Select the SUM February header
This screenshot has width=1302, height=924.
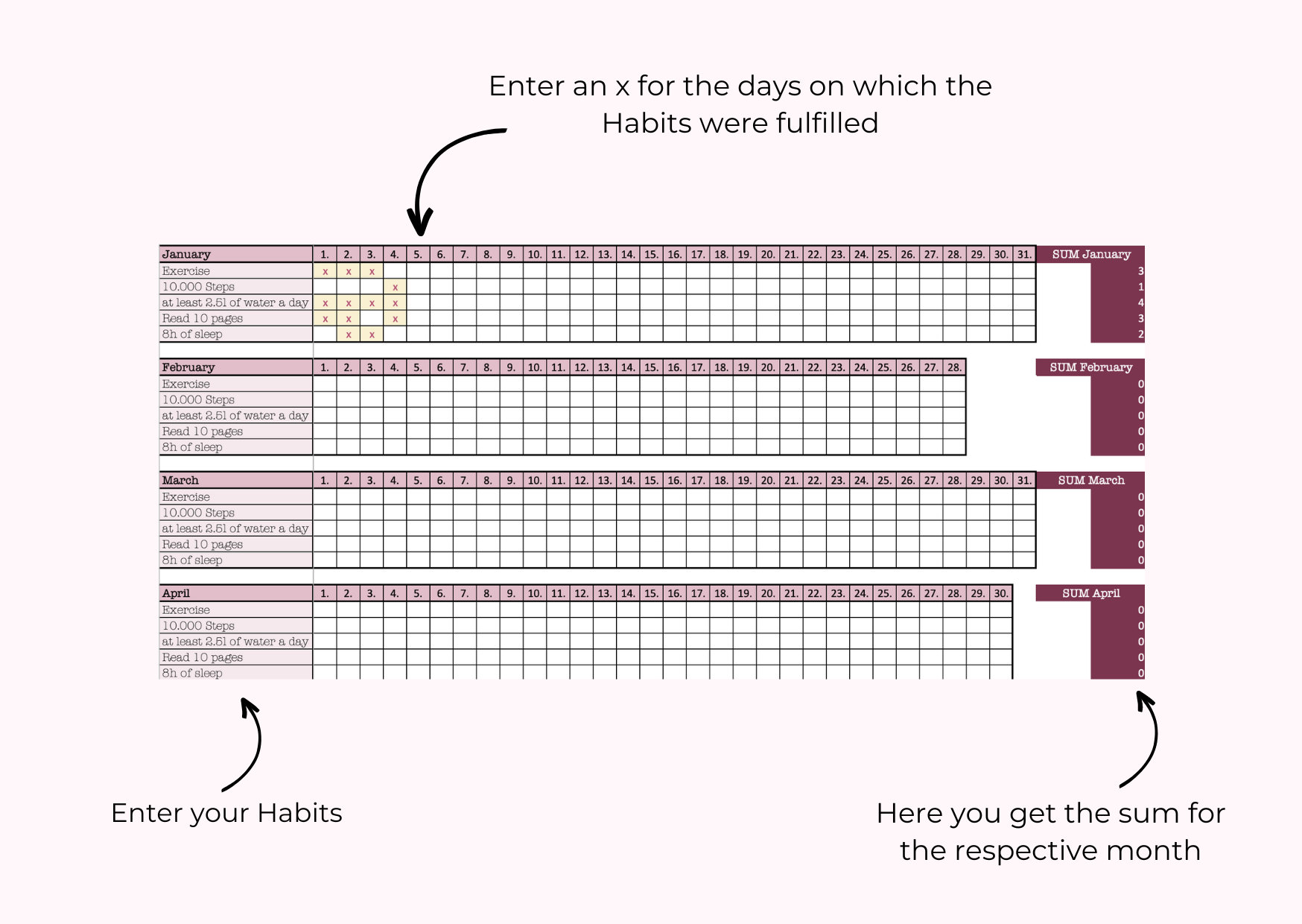point(1090,367)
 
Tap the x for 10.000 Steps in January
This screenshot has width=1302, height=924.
point(395,287)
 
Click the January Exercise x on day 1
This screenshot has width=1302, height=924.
point(325,271)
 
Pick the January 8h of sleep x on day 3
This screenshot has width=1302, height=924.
point(372,335)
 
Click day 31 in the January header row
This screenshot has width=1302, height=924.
point(1024,254)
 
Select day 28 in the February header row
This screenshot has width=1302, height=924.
point(954,367)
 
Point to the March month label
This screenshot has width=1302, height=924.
point(180,481)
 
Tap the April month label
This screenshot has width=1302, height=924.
point(177,593)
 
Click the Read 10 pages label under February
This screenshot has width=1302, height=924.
point(203,431)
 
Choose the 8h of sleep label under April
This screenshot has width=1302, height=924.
point(192,673)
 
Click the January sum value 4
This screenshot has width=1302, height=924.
point(1140,303)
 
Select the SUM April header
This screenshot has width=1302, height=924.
point(1090,593)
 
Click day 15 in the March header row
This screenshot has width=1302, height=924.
point(651,481)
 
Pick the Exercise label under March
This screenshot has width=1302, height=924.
point(186,497)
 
